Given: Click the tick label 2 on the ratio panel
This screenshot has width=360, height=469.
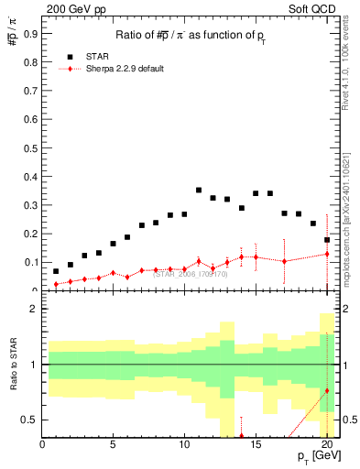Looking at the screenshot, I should point(34,309).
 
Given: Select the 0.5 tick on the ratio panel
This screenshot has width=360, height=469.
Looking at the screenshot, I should point(30,420).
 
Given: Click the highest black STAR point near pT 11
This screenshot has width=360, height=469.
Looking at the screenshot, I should point(199,191).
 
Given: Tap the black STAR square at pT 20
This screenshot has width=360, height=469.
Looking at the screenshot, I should point(327,240).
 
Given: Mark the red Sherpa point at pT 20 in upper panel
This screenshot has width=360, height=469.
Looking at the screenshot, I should point(327,255).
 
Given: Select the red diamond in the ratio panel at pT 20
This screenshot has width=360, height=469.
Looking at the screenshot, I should point(327,391).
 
